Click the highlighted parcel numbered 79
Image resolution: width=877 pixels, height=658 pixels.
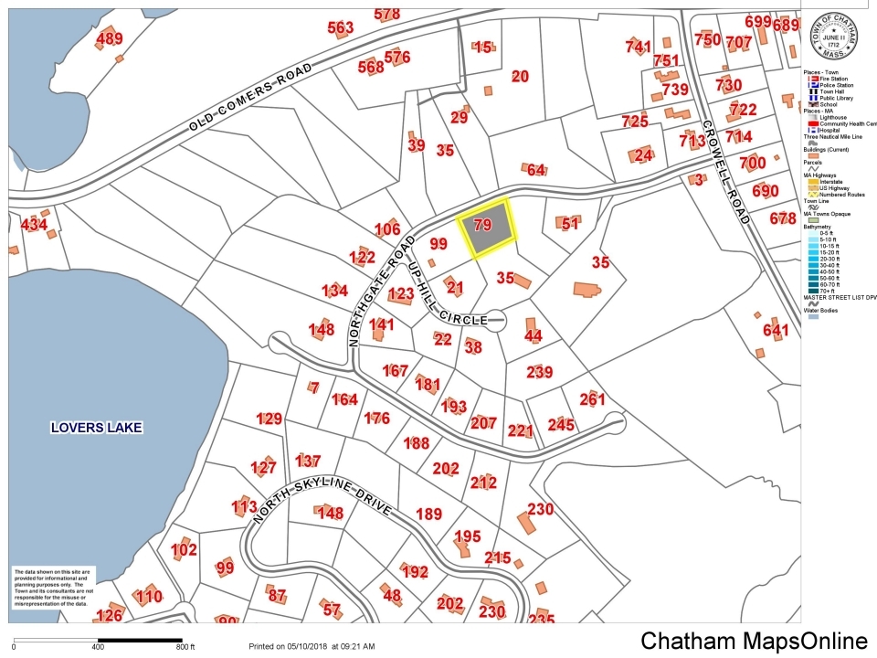[x=485, y=226]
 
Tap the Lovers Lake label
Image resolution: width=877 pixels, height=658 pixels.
[x=98, y=427]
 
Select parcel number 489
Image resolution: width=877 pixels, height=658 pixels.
[x=109, y=38]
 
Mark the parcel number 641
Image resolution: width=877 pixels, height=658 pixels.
[x=775, y=330]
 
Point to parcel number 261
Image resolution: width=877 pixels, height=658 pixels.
[x=592, y=399]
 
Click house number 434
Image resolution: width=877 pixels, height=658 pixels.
[x=34, y=225]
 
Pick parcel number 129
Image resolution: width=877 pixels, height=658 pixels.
[x=269, y=419]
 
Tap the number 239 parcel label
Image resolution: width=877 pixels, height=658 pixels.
[x=540, y=372]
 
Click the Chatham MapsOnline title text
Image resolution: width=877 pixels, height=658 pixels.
[x=753, y=641]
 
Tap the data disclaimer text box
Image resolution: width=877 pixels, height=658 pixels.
[x=51, y=589]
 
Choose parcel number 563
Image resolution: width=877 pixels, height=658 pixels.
[x=340, y=28]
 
